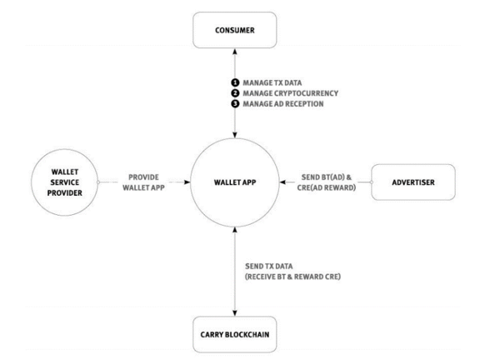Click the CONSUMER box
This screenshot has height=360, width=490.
point(235,30)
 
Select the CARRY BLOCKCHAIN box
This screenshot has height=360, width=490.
point(235,334)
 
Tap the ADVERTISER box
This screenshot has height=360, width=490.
point(413,182)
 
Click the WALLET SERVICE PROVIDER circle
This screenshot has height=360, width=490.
point(65,182)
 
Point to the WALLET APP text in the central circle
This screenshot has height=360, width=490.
point(235,182)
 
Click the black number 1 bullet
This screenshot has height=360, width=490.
point(235,82)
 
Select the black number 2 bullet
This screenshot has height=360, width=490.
point(235,93)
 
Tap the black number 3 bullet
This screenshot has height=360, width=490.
point(235,103)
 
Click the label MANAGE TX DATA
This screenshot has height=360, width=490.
point(272,82)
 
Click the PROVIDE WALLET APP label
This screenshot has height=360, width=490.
point(143,182)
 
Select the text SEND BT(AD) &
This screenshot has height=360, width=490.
point(327,177)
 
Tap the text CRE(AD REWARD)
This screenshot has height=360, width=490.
point(327,187)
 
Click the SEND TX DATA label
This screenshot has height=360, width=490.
point(269,267)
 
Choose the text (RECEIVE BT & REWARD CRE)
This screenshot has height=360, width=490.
point(292,277)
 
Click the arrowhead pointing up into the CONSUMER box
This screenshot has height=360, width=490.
point(235,52)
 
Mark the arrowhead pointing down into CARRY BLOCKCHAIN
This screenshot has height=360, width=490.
point(235,312)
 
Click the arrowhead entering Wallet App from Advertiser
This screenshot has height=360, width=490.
point(283,182)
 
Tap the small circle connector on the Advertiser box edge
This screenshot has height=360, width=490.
point(372,182)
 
